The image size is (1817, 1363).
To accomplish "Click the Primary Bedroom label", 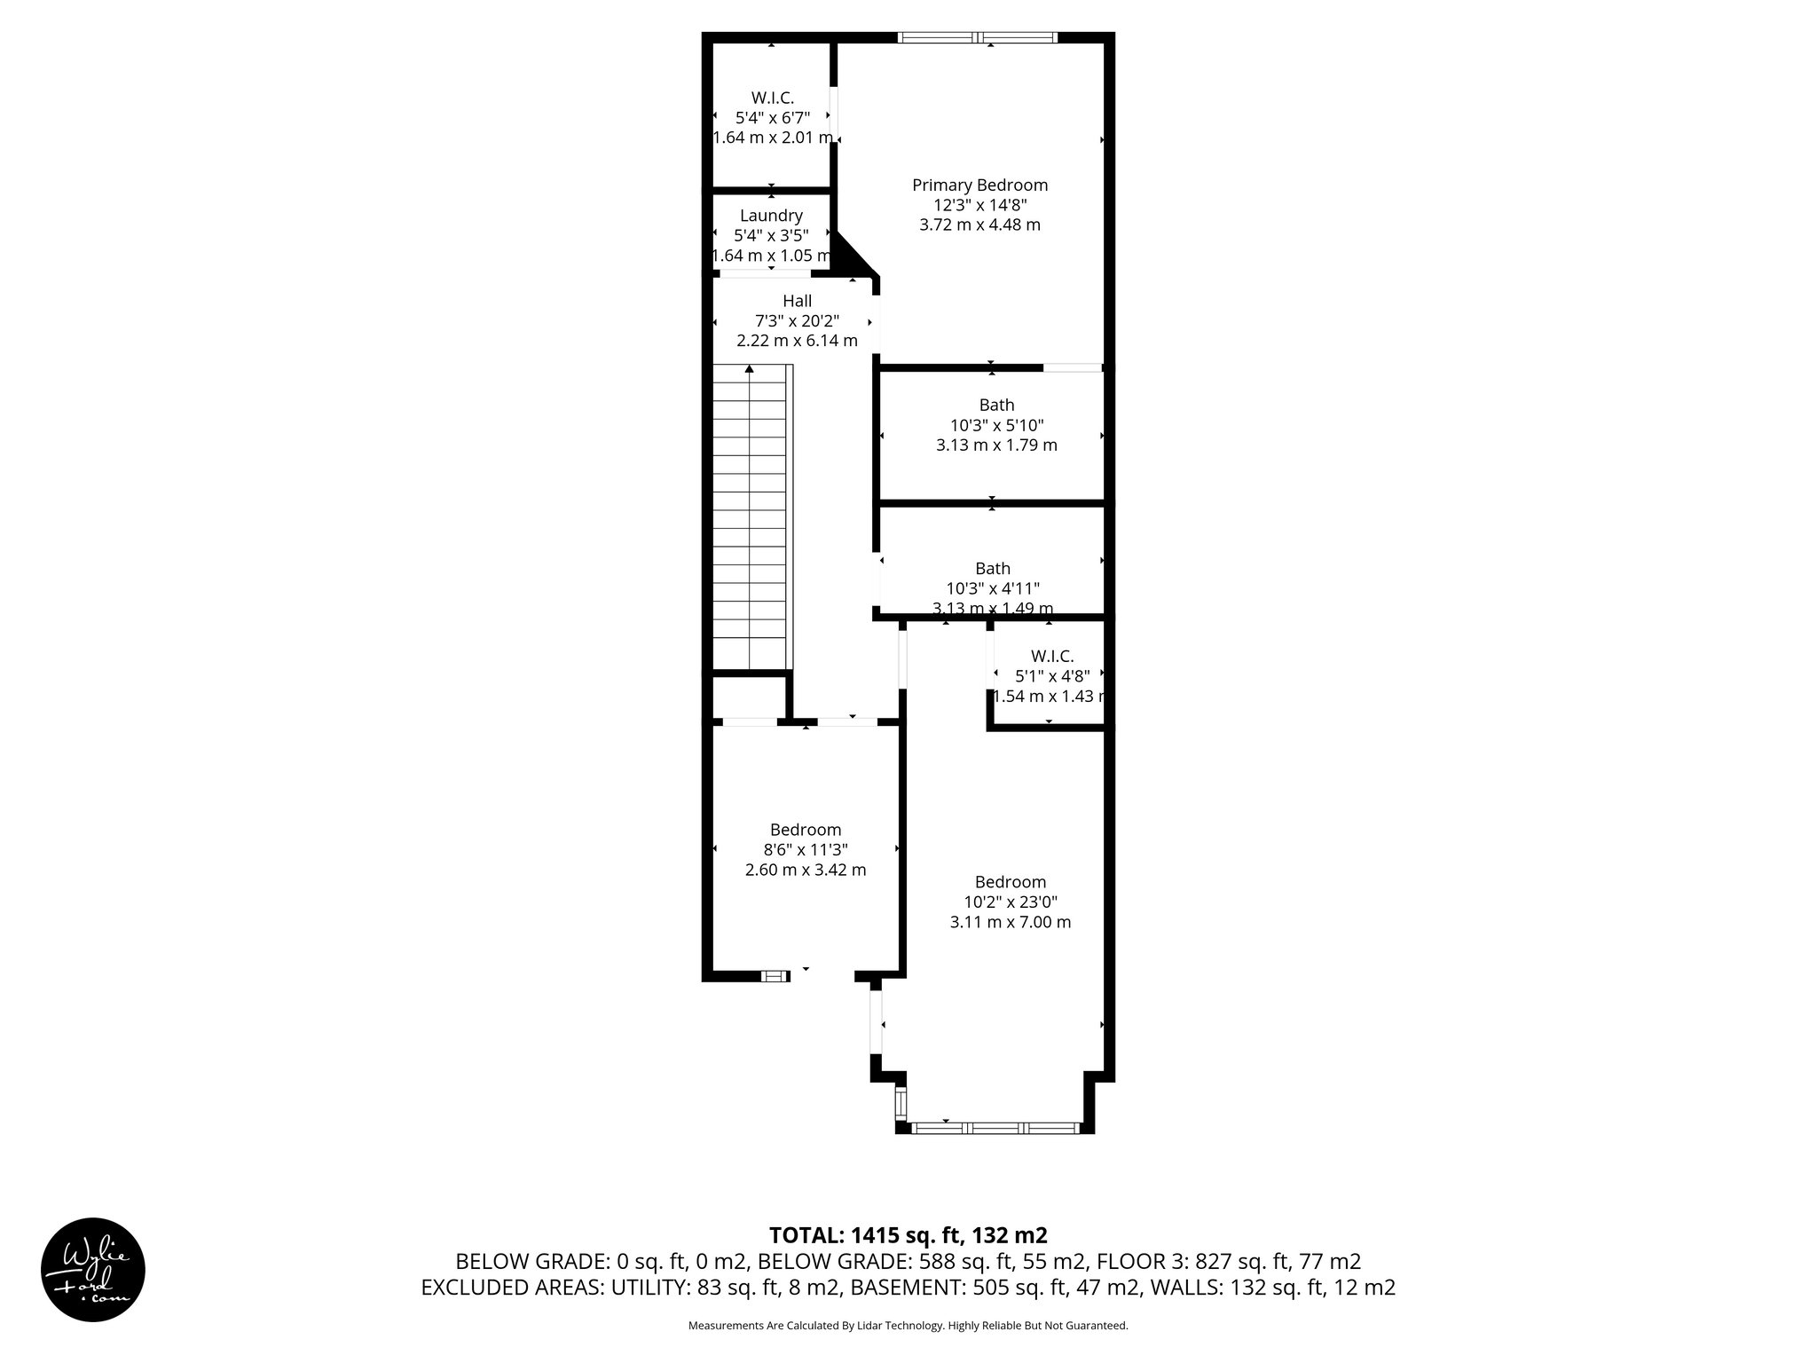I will pyautogui.click(x=979, y=185).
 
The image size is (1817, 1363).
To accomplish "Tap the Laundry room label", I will pyautogui.click(x=771, y=216).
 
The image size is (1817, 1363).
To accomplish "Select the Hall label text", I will pyautogui.click(x=797, y=301).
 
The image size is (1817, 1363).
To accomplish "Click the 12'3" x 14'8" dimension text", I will pyautogui.click(x=979, y=205).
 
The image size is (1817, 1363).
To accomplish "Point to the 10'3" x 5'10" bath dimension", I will pyautogui.click(x=996, y=425).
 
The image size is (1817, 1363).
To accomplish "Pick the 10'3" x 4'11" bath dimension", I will pyautogui.click(x=993, y=588).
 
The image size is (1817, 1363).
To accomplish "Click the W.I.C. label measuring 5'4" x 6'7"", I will pyautogui.click(x=772, y=98).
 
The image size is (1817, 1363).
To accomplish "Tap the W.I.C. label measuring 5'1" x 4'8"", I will pyautogui.click(x=1052, y=656).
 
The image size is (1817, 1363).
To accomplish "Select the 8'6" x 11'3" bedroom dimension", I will pyautogui.click(x=805, y=849).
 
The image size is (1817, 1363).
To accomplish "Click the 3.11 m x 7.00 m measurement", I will pyautogui.click(x=1010, y=922).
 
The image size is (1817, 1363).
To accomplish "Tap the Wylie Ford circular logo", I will pyautogui.click(x=93, y=1269).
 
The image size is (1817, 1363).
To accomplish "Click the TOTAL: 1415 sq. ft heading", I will pyautogui.click(x=907, y=1235).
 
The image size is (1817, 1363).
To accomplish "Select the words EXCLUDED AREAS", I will pyautogui.click(x=511, y=1288).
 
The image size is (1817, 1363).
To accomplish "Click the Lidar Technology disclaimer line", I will pyautogui.click(x=908, y=1326).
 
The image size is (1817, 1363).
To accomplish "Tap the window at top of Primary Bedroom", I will pyautogui.click(x=977, y=38).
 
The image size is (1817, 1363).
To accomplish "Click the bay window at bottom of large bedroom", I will pyautogui.click(x=995, y=1128).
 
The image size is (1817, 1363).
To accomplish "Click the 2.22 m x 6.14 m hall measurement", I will pyautogui.click(x=797, y=341).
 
